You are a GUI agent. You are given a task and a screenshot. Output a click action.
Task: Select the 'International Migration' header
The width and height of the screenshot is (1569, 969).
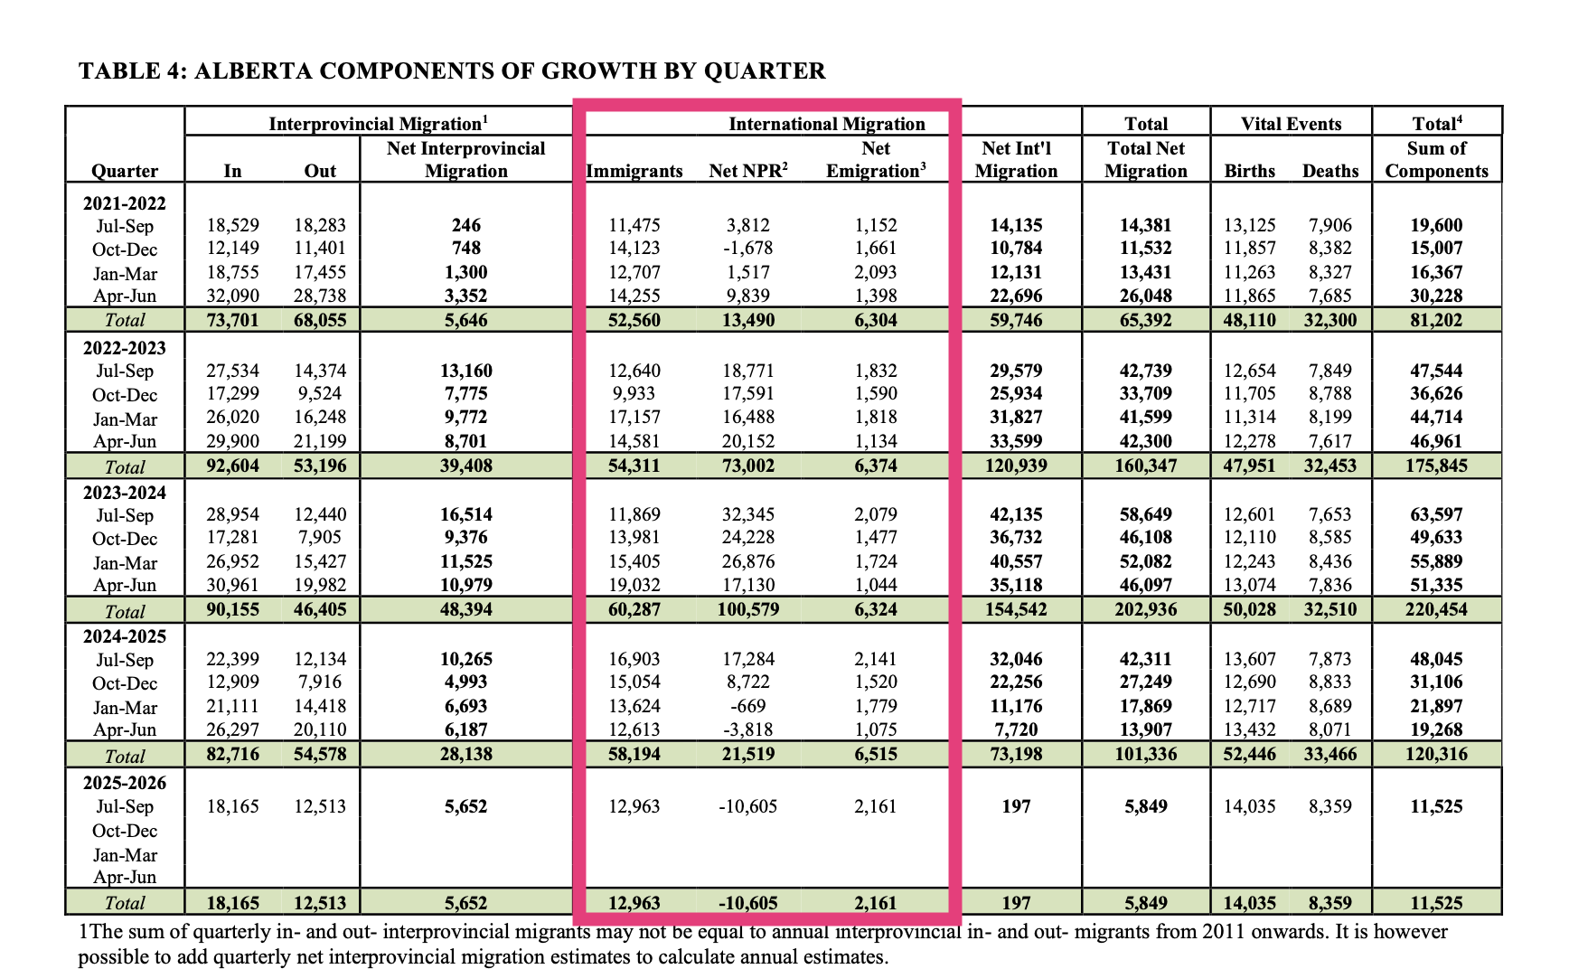pos(826,124)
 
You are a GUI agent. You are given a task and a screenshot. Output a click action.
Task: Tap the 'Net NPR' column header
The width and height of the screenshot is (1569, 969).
pos(748,171)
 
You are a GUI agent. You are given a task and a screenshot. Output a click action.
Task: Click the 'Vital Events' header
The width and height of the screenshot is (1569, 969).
pos(1291,124)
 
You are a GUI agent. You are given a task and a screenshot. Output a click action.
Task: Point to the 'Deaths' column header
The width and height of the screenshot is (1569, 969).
pos(1330,171)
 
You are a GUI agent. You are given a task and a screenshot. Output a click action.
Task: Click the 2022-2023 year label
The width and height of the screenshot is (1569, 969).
pos(125,348)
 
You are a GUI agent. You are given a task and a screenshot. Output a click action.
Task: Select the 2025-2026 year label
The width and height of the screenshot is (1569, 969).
pos(125,783)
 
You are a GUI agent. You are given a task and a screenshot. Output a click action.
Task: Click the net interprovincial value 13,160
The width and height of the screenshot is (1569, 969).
pos(465,371)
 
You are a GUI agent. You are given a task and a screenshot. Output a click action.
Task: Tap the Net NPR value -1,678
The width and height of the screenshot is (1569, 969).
pos(748,249)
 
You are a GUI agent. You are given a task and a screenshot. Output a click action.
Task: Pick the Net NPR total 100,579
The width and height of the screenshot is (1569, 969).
pos(748,609)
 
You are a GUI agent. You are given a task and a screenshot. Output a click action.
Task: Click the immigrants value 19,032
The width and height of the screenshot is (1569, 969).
pos(634,585)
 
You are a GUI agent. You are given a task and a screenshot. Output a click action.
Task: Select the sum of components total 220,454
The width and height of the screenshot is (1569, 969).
pos(1436,609)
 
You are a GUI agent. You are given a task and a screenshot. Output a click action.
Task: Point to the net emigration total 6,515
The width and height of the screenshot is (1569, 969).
pos(876,754)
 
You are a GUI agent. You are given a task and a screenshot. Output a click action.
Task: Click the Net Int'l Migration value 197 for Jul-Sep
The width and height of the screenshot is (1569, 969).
pos(1016,806)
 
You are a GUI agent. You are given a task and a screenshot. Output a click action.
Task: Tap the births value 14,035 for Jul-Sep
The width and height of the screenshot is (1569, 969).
pos(1249,806)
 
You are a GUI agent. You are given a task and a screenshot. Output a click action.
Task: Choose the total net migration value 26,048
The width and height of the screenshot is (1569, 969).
pos(1145,296)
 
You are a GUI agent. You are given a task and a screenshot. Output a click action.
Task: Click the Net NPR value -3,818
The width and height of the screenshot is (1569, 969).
pos(748,729)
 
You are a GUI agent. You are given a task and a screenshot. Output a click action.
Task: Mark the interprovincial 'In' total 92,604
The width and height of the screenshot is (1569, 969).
pos(232,466)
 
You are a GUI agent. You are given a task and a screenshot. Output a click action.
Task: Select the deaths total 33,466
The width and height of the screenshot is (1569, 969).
pos(1329,754)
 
